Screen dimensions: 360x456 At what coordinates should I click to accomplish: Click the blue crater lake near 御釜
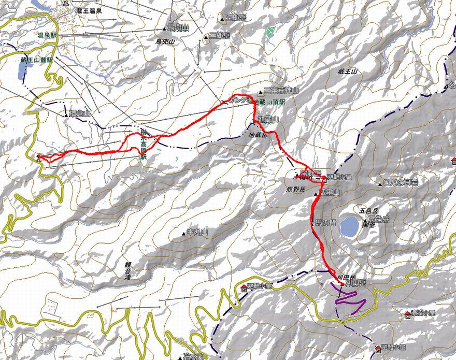coord(349,226)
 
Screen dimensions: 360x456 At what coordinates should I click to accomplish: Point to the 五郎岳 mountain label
coord(236,18)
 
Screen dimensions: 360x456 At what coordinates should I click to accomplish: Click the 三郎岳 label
coord(219,36)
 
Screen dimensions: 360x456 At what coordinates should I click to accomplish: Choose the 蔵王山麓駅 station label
coord(37,60)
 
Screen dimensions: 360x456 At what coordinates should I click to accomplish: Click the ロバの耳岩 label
coord(401,183)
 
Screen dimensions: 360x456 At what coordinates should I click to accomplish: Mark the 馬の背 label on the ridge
coord(326,223)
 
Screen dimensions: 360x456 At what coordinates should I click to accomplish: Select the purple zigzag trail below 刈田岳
coord(351,298)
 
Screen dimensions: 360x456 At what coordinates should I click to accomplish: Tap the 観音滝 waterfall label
coord(128,270)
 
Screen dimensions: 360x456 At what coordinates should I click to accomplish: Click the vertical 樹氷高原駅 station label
coord(144,147)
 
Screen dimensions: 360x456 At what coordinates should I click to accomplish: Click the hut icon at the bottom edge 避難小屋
coord(378,348)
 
